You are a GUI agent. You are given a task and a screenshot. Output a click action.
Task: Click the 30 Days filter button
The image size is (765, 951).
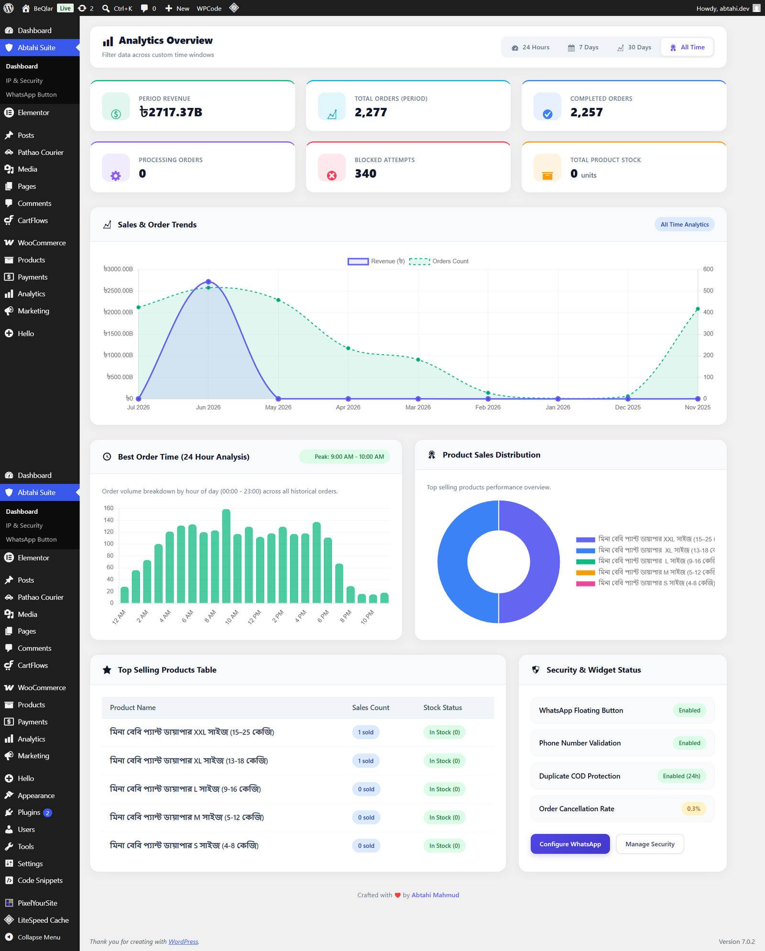pyautogui.click(x=634, y=47)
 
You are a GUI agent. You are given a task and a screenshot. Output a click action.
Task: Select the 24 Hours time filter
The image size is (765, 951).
pyautogui.click(x=531, y=47)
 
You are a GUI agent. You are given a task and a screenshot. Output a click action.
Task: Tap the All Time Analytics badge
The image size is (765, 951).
pyautogui.click(x=684, y=225)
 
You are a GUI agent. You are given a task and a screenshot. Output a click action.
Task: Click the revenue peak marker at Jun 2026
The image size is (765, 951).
pyautogui.click(x=208, y=282)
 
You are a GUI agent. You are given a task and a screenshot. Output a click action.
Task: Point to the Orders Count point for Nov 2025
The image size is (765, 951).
pyautogui.click(x=698, y=309)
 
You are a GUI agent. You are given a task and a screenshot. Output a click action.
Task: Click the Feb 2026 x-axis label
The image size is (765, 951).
pyautogui.click(x=488, y=407)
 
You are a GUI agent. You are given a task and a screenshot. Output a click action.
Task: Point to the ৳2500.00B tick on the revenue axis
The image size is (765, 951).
pyautogui.click(x=118, y=291)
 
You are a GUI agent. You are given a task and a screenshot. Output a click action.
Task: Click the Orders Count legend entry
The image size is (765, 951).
pyautogui.click(x=439, y=261)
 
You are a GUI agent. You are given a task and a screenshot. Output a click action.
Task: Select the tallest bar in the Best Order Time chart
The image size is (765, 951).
pyautogui.click(x=226, y=556)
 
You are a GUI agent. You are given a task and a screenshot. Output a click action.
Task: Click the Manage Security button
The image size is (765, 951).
pyautogui.click(x=650, y=844)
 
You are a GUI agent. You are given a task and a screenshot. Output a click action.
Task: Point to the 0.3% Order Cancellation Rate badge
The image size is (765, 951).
pyautogui.click(x=693, y=809)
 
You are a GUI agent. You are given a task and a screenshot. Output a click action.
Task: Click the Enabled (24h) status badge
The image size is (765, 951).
pyautogui.click(x=681, y=776)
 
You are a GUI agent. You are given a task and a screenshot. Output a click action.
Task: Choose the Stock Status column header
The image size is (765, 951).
pyautogui.click(x=443, y=708)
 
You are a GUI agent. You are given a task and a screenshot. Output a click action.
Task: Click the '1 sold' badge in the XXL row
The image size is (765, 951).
pyautogui.click(x=366, y=732)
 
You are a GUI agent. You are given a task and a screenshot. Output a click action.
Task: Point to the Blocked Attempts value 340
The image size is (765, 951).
pyautogui.click(x=365, y=173)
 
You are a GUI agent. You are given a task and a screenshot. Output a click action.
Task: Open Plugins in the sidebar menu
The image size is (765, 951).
pyautogui.click(x=29, y=812)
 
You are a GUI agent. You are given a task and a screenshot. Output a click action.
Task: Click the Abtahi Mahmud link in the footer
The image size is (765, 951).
pyautogui.click(x=435, y=895)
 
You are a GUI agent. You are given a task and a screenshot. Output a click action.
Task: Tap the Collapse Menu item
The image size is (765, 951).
pyautogui.click(x=39, y=937)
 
